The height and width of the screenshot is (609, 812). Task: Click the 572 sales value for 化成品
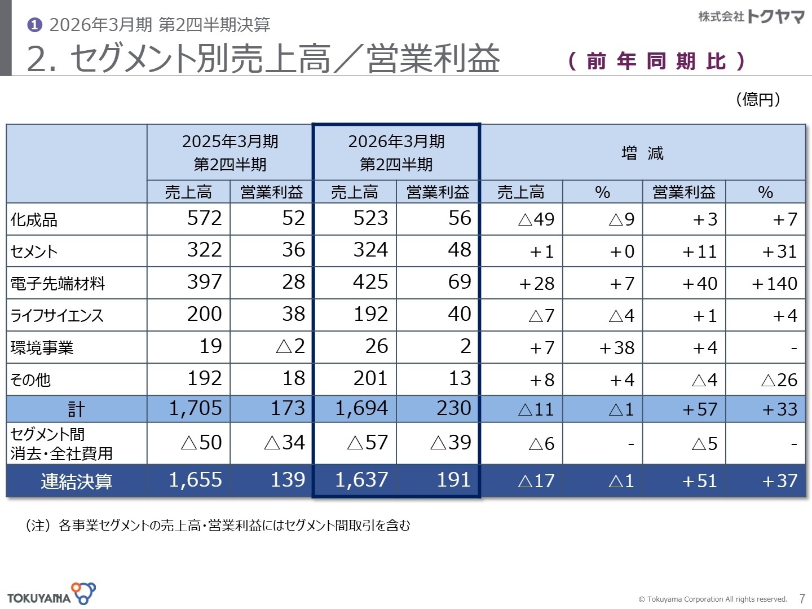[204, 219]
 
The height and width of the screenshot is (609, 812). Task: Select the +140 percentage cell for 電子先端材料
[774, 283]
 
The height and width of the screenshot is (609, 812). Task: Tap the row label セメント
[34, 251]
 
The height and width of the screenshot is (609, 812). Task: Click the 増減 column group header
[642, 153]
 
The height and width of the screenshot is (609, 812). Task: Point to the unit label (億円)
[758, 99]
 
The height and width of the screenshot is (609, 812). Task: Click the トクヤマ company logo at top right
[751, 17]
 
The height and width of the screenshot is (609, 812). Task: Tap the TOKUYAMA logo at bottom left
[51, 595]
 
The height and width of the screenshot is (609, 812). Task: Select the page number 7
[802, 599]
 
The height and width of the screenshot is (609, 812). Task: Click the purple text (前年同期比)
[656, 61]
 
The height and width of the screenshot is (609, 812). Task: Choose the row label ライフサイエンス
[57, 315]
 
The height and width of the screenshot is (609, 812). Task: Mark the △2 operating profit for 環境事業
[290, 346]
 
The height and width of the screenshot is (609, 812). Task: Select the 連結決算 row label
[77, 482]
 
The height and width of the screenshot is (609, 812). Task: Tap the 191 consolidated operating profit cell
[453, 480]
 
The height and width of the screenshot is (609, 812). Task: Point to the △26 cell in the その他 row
[779, 380]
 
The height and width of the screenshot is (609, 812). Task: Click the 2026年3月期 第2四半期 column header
[396, 152]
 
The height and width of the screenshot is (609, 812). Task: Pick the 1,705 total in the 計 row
[195, 408]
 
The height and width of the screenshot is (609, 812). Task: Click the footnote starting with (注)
[218, 526]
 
